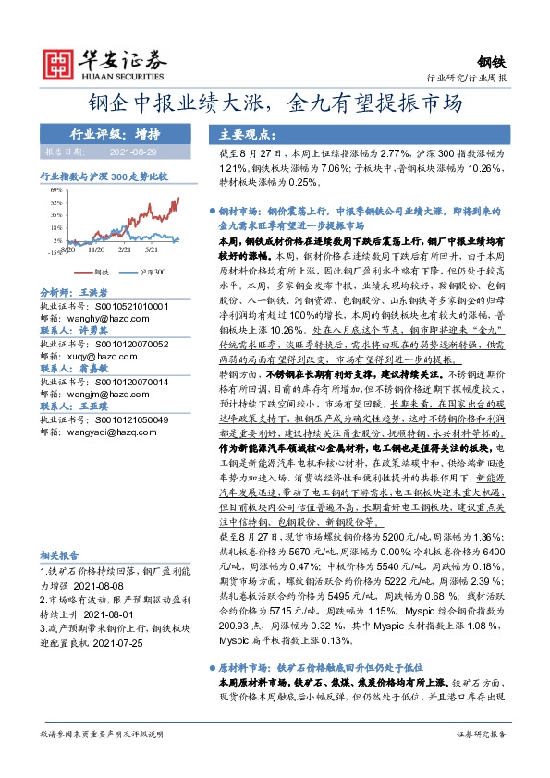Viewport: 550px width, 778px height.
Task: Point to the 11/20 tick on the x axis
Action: coord(95,249)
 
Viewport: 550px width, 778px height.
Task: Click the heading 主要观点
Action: coord(238,132)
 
